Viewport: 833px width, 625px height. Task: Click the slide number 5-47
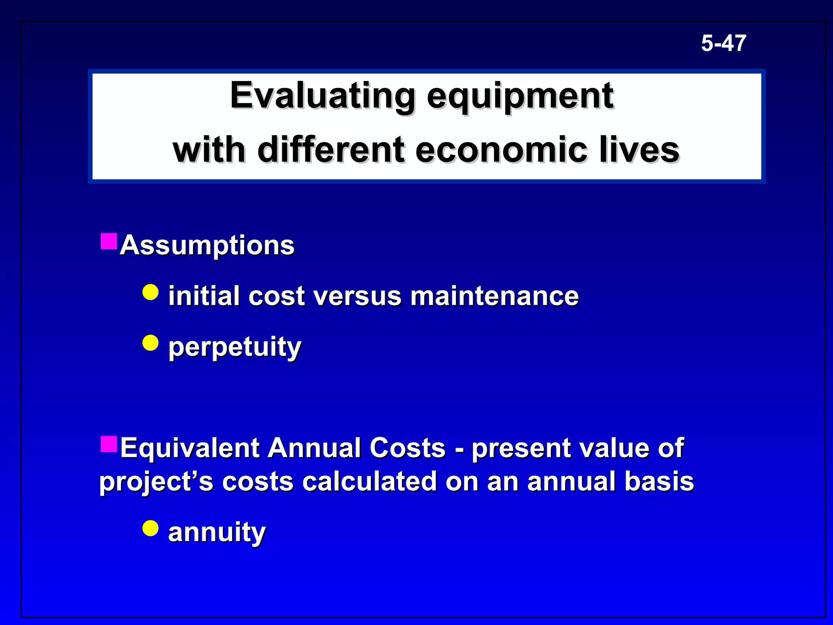[x=724, y=43]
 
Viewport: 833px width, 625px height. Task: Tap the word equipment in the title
[x=520, y=96]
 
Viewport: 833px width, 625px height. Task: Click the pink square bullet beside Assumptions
[x=109, y=241]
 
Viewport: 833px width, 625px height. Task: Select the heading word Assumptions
[x=207, y=245]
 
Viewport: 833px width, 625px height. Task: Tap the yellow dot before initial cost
[x=150, y=292]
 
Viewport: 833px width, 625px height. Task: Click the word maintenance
[x=494, y=296]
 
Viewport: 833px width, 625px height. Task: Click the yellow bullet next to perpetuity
[x=150, y=343]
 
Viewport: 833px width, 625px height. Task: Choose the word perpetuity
[x=235, y=347]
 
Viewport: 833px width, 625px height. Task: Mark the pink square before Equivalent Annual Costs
[x=109, y=444]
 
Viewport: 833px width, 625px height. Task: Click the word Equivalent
[x=190, y=448]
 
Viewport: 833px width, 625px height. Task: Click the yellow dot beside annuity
[x=150, y=528]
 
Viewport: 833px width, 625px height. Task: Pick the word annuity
[x=217, y=532]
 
